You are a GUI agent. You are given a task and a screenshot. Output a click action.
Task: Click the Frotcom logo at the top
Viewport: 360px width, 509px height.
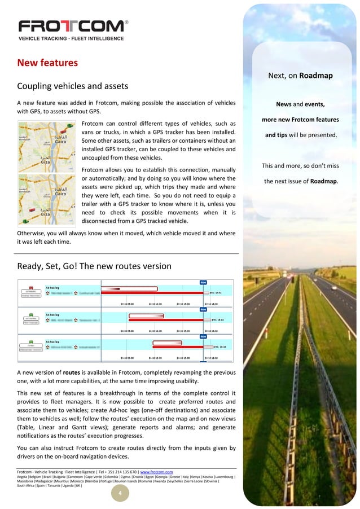[73, 27]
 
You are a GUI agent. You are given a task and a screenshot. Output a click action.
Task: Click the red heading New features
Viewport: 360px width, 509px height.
[47, 62]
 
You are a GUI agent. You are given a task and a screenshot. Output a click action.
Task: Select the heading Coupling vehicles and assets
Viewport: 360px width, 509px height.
[73, 86]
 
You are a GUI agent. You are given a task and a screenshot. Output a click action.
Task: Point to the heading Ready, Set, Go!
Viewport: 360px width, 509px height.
[90, 266]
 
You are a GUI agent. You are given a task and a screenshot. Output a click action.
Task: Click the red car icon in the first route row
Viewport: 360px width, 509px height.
[31, 287]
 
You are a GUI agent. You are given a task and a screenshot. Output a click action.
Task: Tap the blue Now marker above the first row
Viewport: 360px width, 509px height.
[203, 282]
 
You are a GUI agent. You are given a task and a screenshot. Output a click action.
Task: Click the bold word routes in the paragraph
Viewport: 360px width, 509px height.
[71, 372]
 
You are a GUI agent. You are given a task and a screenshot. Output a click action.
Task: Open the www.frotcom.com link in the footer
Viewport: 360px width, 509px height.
[156, 472]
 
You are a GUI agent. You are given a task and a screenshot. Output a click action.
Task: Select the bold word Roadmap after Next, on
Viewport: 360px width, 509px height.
[316, 75]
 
